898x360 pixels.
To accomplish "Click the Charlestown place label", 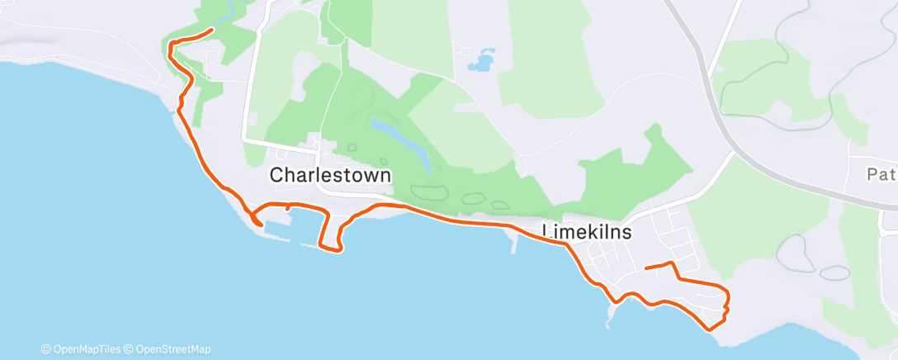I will pyautogui.click(x=330, y=176).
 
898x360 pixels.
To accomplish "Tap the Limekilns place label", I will pyautogui.click(x=588, y=233).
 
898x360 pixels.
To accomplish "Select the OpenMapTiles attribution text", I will pyautogui.click(x=86, y=349).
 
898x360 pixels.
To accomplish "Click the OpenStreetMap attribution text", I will pyautogui.click(x=173, y=349).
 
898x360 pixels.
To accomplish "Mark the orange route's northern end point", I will pyautogui.click(x=213, y=31).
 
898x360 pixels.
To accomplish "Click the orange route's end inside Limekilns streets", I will pyautogui.click(x=645, y=268).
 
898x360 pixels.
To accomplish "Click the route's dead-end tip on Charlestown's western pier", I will pyautogui.click(x=262, y=224).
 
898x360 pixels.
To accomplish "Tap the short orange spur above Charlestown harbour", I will pyautogui.click(x=287, y=210).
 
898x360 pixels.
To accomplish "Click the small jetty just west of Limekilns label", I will pyautogui.click(x=514, y=244).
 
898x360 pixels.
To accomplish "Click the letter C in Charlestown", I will pyautogui.click(x=277, y=176).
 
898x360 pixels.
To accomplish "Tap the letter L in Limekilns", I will pyautogui.click(x=547, y=233).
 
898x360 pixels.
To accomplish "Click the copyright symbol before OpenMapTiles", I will pyautogui.click(x=46, y=349).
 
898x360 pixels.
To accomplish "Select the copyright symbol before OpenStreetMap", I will pyautogui.click(x=130, y=349).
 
